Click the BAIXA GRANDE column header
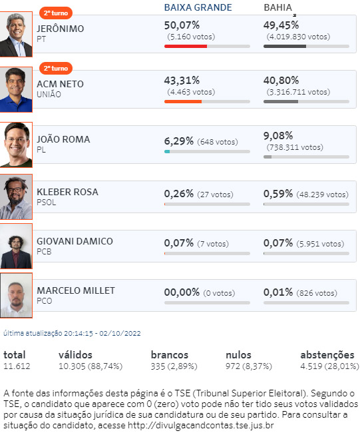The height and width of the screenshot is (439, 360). [x=198, y=7]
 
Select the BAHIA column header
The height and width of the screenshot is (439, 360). [x=277, y=7]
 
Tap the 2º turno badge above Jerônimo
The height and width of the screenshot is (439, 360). [x=56, y=13]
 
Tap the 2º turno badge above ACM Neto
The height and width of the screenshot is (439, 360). [x=56, y=69]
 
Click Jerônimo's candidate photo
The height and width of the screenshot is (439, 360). [x=16, y=34]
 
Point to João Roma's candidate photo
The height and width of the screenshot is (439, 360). [x=16, y=145]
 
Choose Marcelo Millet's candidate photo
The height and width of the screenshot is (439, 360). [x=16, y=295]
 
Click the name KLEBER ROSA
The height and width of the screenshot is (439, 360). [x=67, y=192]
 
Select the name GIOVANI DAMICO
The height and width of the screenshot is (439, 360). [x=75, y=241]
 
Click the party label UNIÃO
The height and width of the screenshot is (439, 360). [x=49, y=95]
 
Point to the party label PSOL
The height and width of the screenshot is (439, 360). [x=46, y=202]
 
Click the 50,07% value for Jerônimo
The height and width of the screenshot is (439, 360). [x=182, y=25]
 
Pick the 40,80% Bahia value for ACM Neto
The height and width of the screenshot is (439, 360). [x=281, y=81]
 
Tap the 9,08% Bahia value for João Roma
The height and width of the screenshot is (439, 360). [x=278, y=136]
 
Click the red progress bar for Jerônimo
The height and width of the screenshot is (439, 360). [x=186, y=46]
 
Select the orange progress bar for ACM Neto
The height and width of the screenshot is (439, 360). [x=183, y=102]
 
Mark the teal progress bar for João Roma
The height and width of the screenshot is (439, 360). [x=167, y=151]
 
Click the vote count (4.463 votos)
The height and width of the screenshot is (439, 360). [x=191, y=92]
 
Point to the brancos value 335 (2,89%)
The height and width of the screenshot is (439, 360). [x=174, y=366]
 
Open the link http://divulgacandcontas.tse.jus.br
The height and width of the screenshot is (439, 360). [x=200, y=425]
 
